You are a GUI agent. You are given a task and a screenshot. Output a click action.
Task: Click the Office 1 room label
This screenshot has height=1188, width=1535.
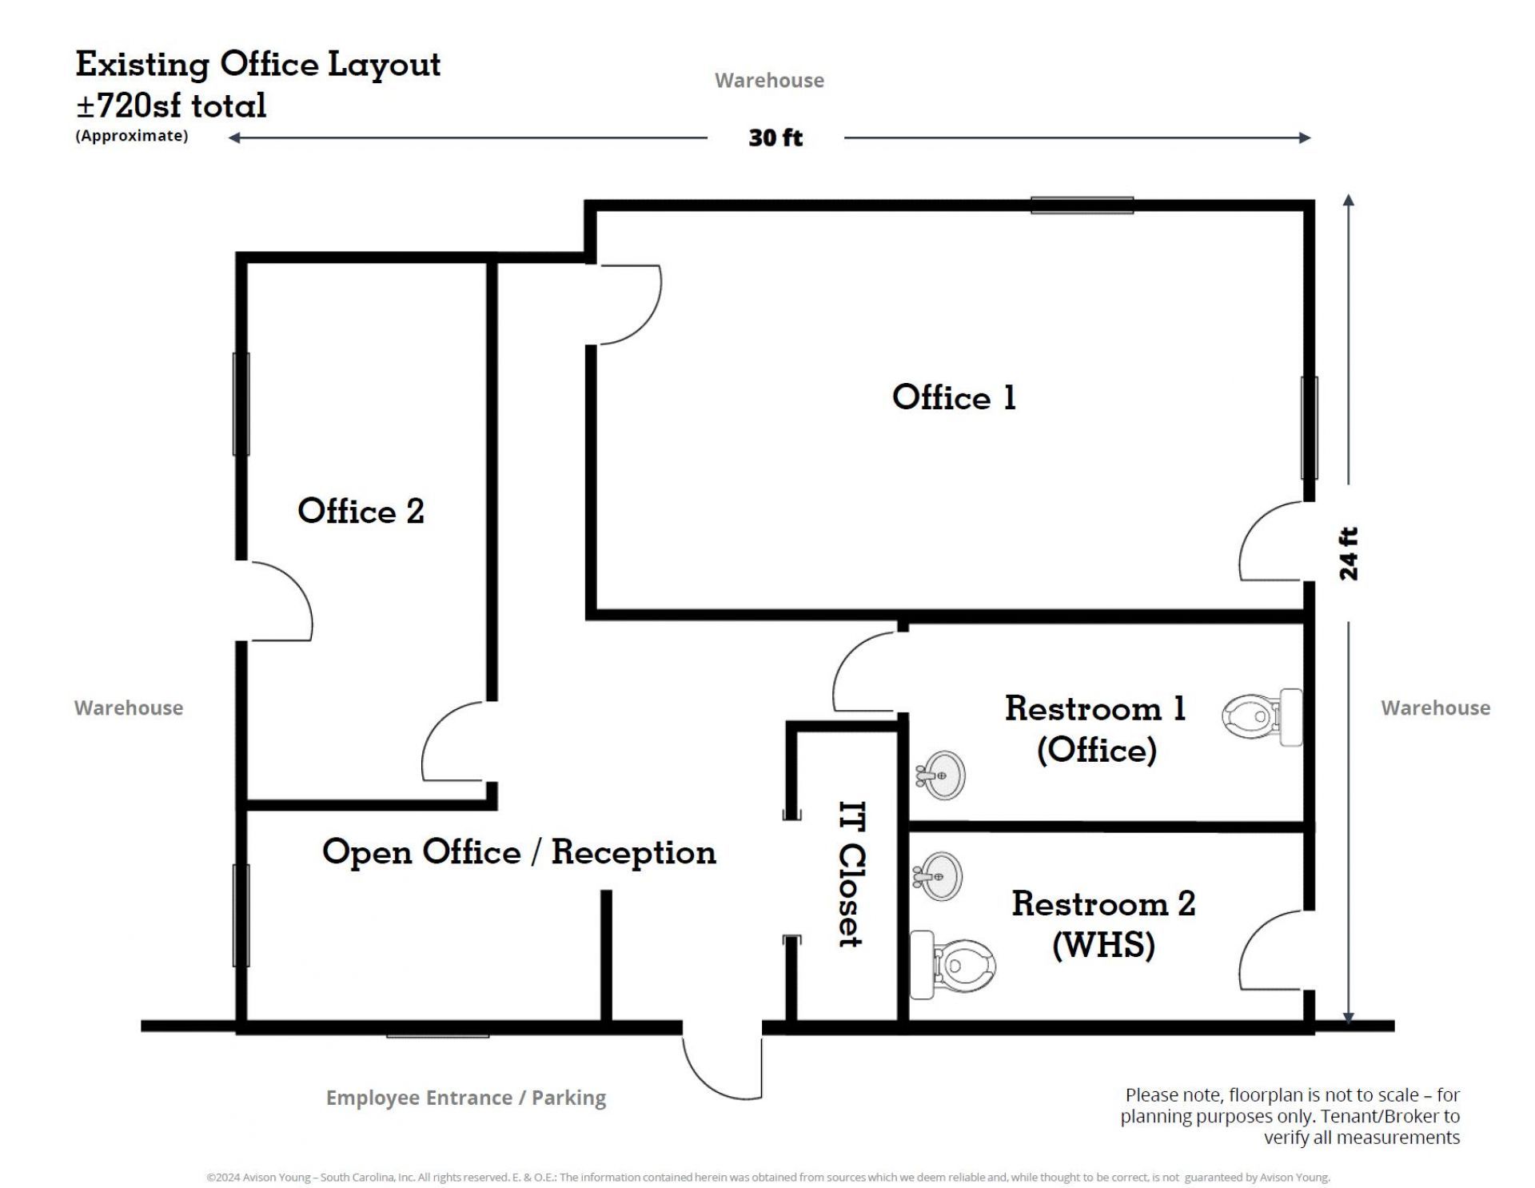[953, 397]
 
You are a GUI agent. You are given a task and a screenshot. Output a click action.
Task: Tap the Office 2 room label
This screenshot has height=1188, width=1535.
[361, 511]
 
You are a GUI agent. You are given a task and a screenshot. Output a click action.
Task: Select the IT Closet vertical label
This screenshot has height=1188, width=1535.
[851, 874]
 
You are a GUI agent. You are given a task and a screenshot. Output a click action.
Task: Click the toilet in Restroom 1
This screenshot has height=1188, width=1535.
[1262, 717]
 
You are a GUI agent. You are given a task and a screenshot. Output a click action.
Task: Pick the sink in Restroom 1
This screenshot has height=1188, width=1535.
[941, 775]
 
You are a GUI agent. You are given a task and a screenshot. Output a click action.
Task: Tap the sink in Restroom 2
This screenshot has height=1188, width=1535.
[938, 876]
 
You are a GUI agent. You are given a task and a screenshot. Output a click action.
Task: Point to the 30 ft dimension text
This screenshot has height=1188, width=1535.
[775, 138]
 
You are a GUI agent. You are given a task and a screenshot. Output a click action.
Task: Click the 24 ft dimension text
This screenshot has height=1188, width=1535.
[1348, 553]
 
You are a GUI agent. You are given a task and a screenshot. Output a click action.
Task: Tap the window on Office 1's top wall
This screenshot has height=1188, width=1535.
[1082, 205]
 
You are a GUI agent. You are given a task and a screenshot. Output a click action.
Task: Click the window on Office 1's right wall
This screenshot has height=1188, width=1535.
[1309, 428]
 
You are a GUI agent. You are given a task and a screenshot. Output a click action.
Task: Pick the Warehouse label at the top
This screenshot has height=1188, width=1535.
[769, 80]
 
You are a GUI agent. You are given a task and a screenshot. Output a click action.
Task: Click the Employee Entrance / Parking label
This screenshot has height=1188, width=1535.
[466, 1098]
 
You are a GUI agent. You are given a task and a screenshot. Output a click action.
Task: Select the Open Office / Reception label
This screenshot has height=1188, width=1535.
[519, 852]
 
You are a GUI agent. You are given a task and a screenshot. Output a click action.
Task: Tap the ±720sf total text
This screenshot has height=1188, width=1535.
[171, 106]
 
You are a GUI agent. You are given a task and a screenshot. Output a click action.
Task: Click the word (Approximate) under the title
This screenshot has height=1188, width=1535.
[132, 136]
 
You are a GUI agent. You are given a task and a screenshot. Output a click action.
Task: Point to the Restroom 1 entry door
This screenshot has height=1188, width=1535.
[866, 672]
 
